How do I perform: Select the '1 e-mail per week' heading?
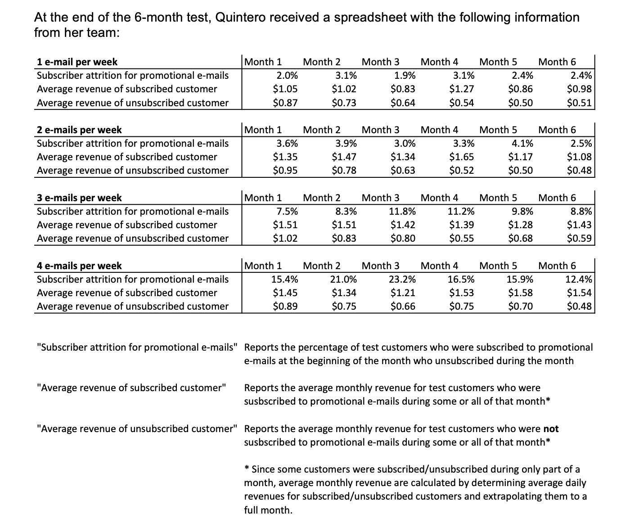(x=77, y=62)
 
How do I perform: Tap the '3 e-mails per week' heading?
(x=79, y=198)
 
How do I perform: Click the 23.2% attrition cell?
(x=402, y=280)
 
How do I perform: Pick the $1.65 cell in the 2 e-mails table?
(x=461, y=157)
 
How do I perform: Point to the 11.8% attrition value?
(x=402, y=212)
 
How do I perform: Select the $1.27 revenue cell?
(x=461, y=89)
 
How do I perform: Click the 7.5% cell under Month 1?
(x=287, y=212)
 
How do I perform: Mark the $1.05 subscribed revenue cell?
(x=285, y=89)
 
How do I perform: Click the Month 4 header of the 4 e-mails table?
(x=439, y=266)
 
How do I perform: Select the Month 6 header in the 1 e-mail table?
(x=557, y=62)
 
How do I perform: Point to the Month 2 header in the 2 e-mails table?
(x=322, y=130)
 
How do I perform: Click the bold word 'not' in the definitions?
(x=551, y=429)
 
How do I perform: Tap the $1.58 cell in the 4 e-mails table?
(x=520, y=293)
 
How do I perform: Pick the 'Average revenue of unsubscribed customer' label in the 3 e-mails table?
(x=133, y=239)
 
